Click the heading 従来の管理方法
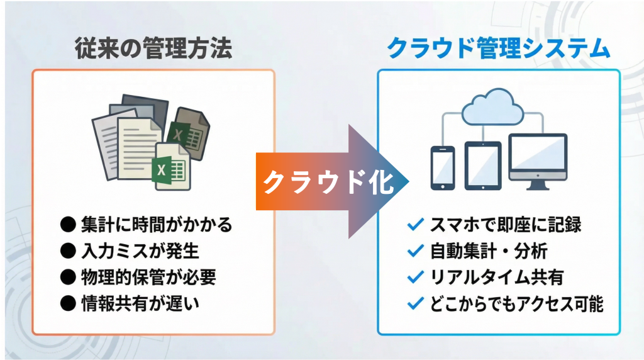pos(153,48)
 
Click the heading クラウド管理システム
pos(498,48)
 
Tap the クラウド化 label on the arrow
pos(328,183)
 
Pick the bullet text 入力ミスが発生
pos(140,251)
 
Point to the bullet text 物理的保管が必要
pos(153,278)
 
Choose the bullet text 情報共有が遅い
pos(140,305)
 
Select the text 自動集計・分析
pos(489,251)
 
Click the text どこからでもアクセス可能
pos(517,305)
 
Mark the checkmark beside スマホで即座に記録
pos(415,224)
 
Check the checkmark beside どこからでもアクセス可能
pos(415,305)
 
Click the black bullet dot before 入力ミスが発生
pos(67,251)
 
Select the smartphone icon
pos(442,167)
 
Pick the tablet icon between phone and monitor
pos(482,165)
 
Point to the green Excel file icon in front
pos(169,166)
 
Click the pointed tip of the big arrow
pos(408,182)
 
